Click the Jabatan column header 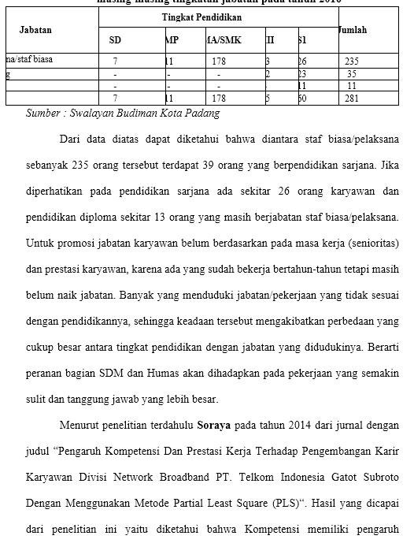pyautogui.click(x=35, y=30)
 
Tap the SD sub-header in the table pyautogui.click(x=115, y=39)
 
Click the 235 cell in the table pyautogui.click(x=351, y=61)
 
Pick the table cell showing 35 pyautogui.click(x=351, y=73)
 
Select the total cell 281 pyautogui.click(x=351, y=99)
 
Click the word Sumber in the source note pyautogui.click(x=43, y=113)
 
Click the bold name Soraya pyautogui.click(x=213, y=426)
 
